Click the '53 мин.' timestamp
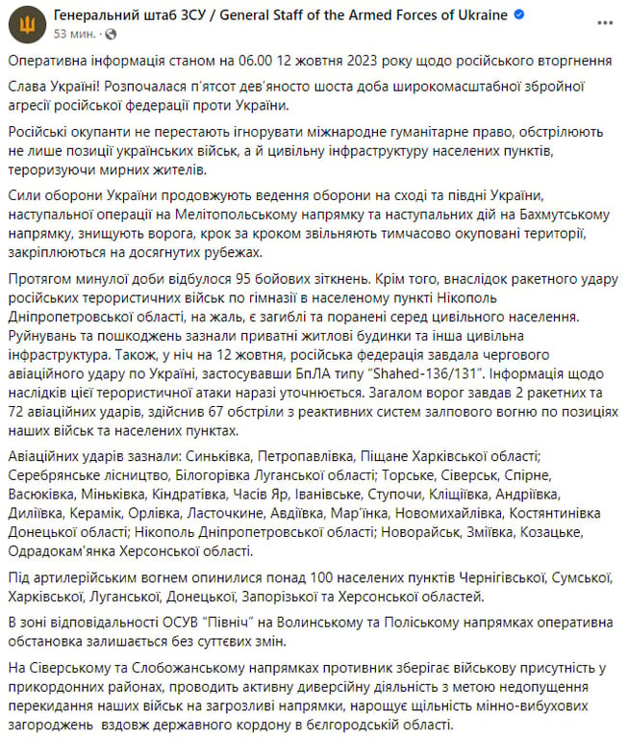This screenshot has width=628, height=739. pyautogui.click(x=73, y=33)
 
